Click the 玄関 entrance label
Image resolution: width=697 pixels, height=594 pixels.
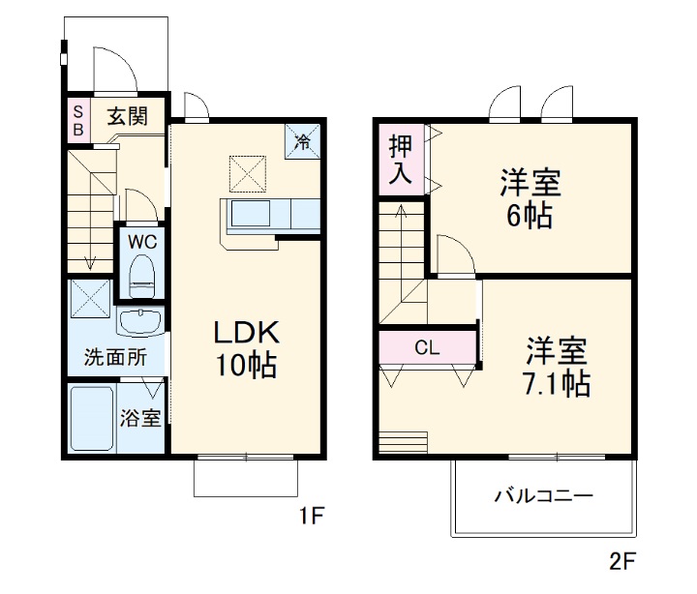(x=127, y=117)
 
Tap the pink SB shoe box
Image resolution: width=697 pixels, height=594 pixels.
(x=77, y=117)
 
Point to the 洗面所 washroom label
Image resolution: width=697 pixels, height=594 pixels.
(x=115, y=356)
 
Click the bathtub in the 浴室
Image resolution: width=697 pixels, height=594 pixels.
(x=93, y=417)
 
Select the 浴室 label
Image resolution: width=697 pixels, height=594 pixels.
(x=140, y=419)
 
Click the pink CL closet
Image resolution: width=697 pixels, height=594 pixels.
(x=427, y=345)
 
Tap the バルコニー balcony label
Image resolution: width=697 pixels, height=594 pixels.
(x=543, y=496)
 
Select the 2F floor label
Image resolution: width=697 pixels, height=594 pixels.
(x=621, y=559)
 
